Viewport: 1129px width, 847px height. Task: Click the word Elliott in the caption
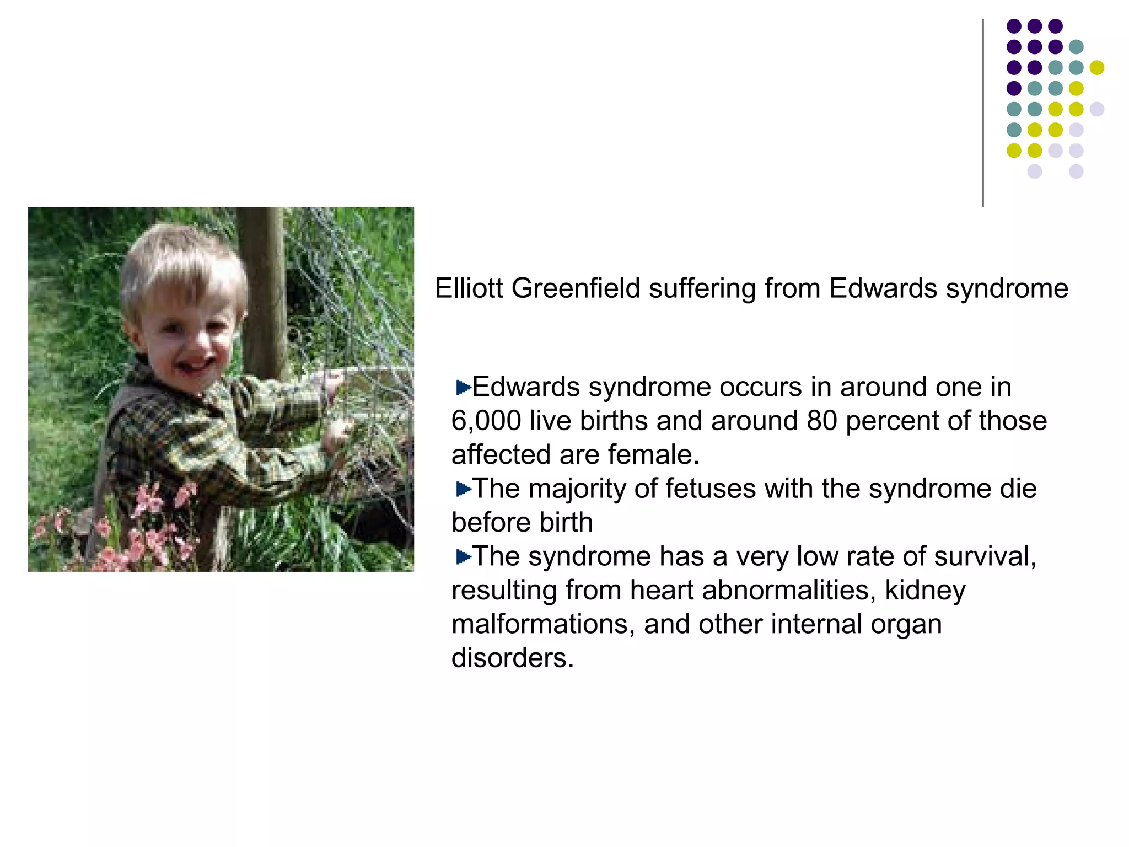pyautogui.click(x=469, y=288)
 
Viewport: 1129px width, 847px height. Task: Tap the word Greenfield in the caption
pyautogui.click(x=576, y=288)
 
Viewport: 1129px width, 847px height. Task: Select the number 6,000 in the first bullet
pyautogui.click(x=486, y=421)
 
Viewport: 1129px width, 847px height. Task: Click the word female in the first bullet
pyautogui.click(x=653, y=455)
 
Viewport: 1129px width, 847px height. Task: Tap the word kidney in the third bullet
pyautogui.click(x=925, y=591)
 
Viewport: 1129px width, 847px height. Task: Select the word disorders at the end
pyautogui.click(x=512, y=658)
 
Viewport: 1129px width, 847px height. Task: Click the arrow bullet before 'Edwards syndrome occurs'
pyautogui.click(x=463, y=388)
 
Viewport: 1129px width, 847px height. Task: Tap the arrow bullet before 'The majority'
pyautogui.click(x=463, y=489)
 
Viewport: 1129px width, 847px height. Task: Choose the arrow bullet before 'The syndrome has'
pyautogui.click(x=463, y=557)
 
